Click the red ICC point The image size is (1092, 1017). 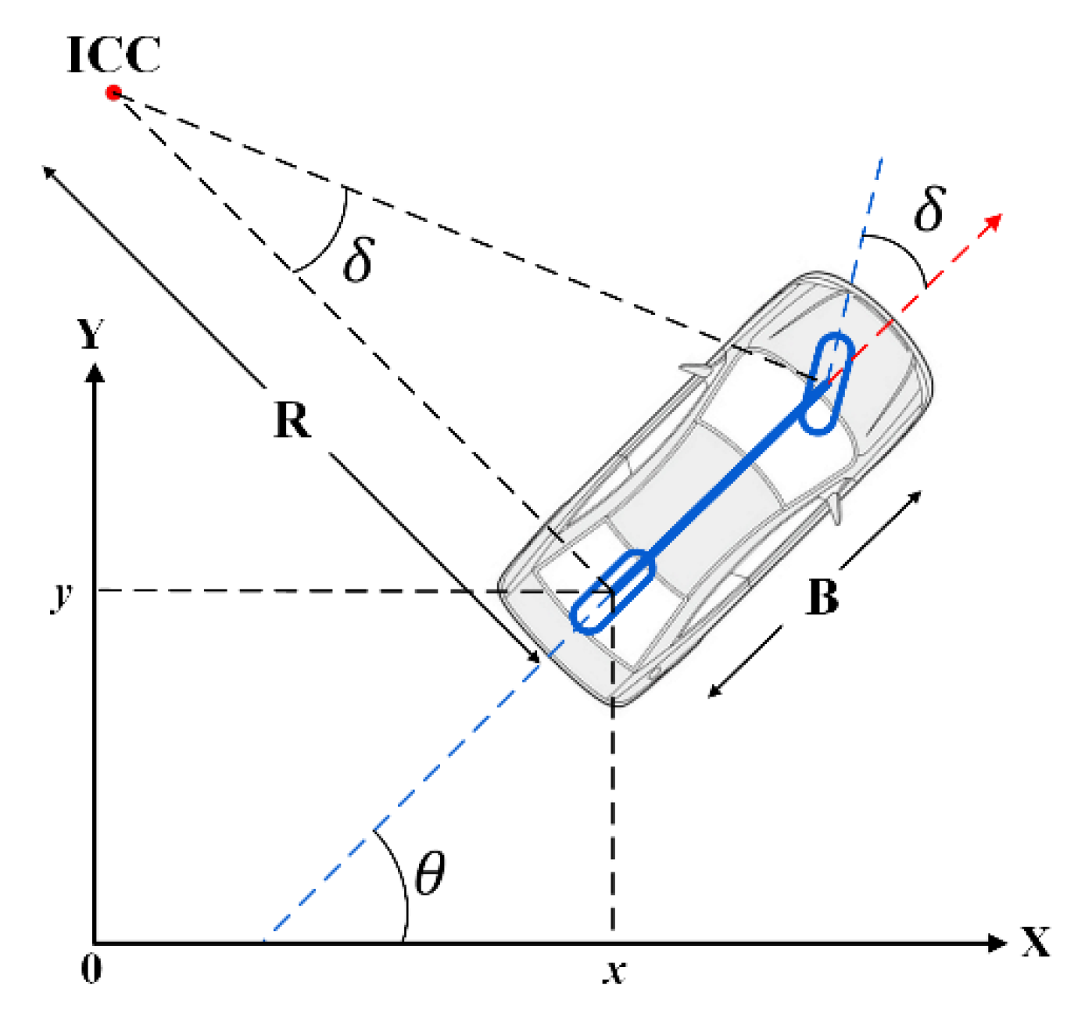(x=114, y=93)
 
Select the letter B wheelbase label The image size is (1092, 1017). (x=822, y=598)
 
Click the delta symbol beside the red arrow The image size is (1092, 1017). (x=930, y=209)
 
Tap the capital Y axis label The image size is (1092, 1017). (x=91, y=335)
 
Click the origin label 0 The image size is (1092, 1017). (x=91, y=969)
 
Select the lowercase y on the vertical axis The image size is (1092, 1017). (x=62, y=594)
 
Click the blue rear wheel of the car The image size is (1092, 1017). (x=612, y=591)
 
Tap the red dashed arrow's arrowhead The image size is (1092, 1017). (x=994, y=221)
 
